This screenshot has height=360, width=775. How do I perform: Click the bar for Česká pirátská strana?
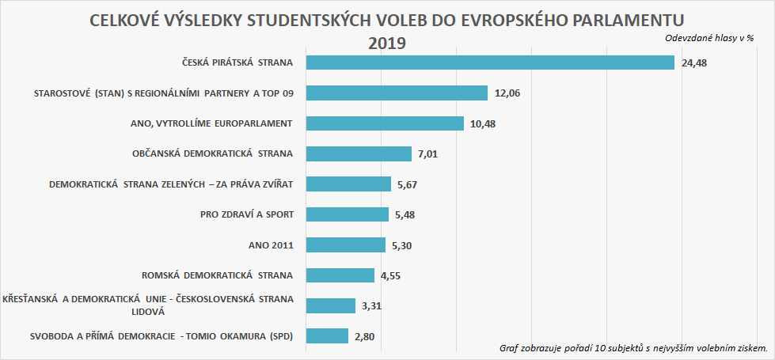point(489,63)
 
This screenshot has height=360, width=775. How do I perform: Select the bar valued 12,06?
point(396,93)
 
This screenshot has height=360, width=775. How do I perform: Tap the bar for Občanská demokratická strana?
point(358,153)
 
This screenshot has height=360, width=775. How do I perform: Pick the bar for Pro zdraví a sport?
point(347,214)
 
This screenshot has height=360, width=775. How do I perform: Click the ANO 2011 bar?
point(345,245)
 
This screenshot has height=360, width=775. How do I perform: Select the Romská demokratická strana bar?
point(340,275)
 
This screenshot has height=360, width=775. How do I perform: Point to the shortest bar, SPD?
point(326,336)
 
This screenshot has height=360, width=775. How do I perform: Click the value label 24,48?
point(693,63)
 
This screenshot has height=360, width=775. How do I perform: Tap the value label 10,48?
point(483,123)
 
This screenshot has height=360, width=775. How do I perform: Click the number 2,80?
point(365,336)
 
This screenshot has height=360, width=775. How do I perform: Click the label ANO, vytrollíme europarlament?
point(211,123)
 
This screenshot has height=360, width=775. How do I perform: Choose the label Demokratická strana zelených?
point(171,184)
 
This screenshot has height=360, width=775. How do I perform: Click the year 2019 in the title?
point(387,43)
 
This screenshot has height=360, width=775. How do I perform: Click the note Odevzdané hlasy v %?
point(709,37)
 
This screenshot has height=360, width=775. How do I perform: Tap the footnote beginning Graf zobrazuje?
point(634,348)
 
